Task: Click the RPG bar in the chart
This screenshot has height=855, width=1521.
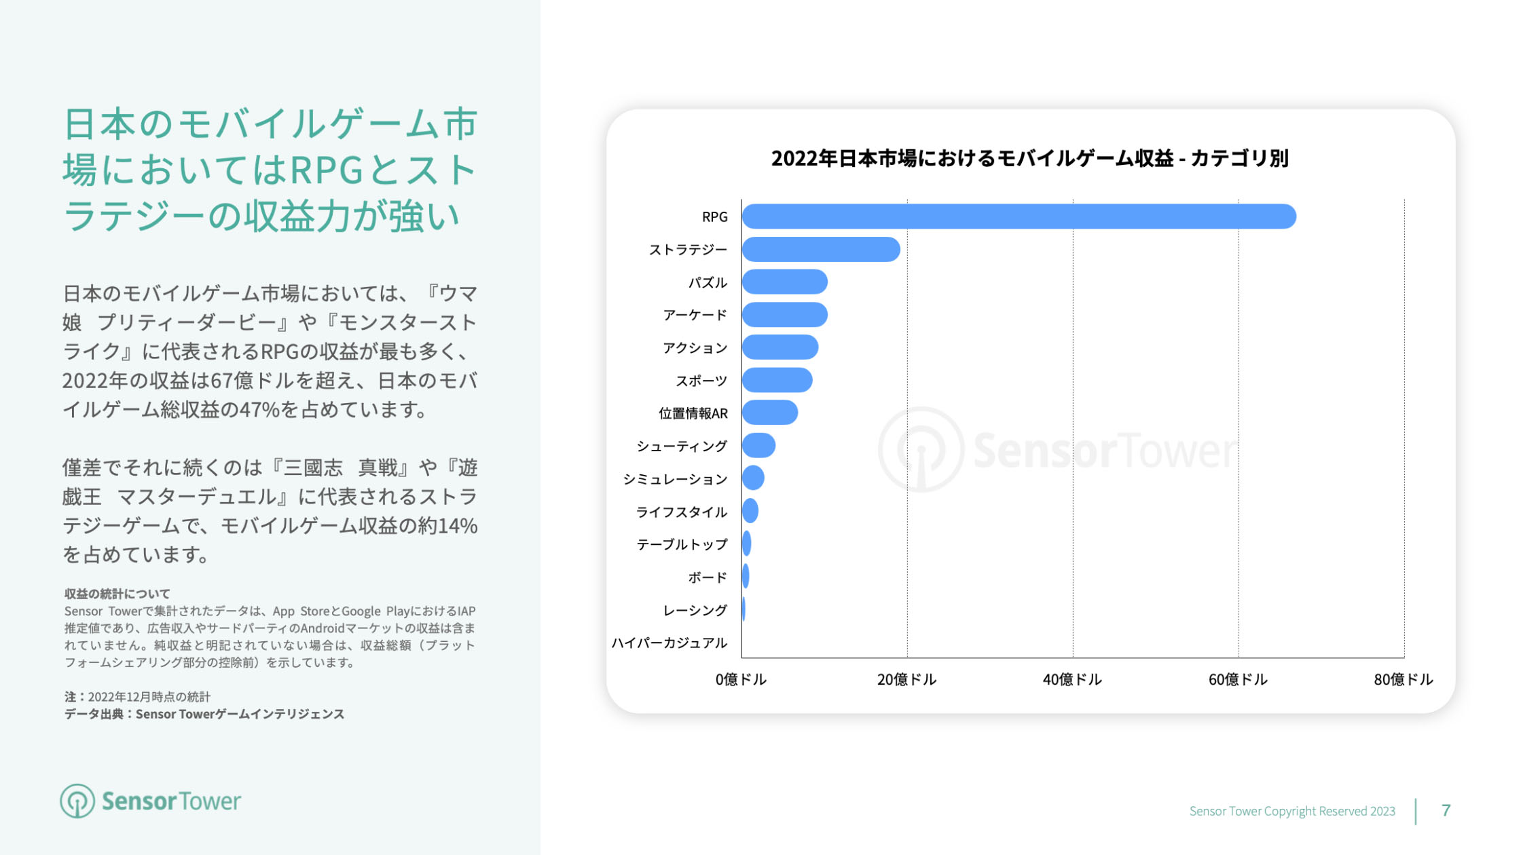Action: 1019,216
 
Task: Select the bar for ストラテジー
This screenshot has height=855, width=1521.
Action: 821,249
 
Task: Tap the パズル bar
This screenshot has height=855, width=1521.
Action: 784,282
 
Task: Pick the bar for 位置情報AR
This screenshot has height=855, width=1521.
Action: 769,413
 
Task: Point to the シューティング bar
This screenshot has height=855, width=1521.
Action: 758,445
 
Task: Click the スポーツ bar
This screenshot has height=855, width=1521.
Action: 777,380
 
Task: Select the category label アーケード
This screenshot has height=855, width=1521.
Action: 695,315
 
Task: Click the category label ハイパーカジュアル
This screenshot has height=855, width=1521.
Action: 669,643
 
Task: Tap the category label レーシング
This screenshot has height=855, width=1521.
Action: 695,610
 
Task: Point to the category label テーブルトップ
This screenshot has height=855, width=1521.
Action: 682,544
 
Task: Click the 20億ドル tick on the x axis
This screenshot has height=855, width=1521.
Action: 906,679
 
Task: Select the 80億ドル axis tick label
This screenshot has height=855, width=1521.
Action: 1403,679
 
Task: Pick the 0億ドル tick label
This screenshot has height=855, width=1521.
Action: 740,679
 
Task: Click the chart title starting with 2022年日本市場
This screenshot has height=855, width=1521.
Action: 1029,158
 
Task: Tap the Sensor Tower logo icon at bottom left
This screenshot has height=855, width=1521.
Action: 77,801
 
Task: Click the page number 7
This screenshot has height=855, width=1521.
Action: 1446,810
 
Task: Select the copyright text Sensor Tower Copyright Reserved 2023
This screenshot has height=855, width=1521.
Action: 1291,811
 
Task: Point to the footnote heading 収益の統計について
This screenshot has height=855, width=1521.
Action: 117,594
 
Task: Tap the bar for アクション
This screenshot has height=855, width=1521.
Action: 780,347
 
